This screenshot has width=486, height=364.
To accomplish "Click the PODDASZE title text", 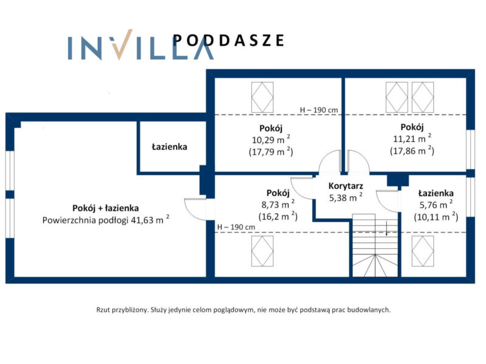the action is [228, 41].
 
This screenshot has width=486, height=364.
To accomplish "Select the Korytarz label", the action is [346, 186].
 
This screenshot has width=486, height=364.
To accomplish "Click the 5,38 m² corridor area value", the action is [346, 197].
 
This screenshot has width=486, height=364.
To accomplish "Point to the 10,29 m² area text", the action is [271, 140].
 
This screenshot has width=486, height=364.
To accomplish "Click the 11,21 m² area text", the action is [412, 138].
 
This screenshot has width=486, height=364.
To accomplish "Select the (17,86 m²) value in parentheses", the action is [412, 150].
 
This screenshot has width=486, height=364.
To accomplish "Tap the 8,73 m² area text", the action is [278, 204].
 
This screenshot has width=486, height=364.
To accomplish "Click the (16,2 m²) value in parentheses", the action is [278, 216].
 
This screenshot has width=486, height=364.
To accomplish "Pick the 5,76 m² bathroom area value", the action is [436, 204].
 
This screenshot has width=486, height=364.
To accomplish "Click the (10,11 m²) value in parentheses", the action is [436, 217].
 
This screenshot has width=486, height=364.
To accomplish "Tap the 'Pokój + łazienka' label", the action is [105, 208].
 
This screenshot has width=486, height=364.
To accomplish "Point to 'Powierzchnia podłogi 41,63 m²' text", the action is [106, 220].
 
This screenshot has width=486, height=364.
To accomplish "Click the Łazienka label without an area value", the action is [169, 147].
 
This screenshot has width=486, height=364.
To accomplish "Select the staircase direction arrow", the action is [386, 229].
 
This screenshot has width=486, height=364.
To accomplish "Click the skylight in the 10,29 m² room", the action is [262, 97].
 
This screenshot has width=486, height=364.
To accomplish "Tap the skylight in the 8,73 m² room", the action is [262, 251].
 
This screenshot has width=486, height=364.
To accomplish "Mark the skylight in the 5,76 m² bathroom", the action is [423, 251].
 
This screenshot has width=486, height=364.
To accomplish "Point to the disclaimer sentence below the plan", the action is [244, 310].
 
